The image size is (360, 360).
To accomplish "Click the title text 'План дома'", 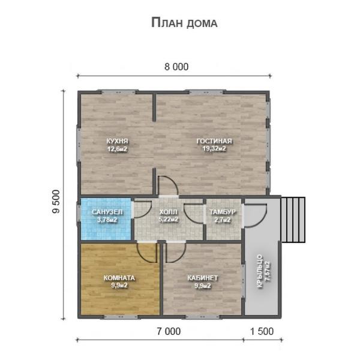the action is (x=184, y=23).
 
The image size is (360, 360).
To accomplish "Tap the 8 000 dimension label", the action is (x=176, y=67).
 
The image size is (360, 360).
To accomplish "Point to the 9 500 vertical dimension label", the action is (x=56, y=202).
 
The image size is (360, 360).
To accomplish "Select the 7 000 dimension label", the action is (x=169, y=331).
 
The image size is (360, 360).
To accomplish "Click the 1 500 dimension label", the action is (x=262, y=331).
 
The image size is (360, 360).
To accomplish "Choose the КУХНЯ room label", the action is (x=117, y=141).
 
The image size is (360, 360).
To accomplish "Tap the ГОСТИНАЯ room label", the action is (x=214, y=141).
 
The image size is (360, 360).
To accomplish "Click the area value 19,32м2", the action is (x=214, y=149).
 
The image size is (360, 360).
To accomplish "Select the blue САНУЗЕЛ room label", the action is (x=107, y=212).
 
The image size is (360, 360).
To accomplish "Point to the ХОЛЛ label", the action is (x=168, y=212).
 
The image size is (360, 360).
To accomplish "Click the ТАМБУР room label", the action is (x=223, y=212).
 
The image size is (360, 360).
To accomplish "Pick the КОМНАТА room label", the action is (x=119, y=278).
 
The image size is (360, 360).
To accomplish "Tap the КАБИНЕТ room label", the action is (x=203, y=278).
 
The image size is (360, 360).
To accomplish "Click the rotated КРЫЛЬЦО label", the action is (x=260, y=271).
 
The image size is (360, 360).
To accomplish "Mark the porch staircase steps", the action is (x=293, y=220).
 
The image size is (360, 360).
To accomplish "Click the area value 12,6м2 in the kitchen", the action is (x=117, y=149).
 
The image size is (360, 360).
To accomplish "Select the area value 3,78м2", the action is (x=107, y=220).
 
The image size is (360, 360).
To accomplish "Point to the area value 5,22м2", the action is (x=168, y=219).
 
